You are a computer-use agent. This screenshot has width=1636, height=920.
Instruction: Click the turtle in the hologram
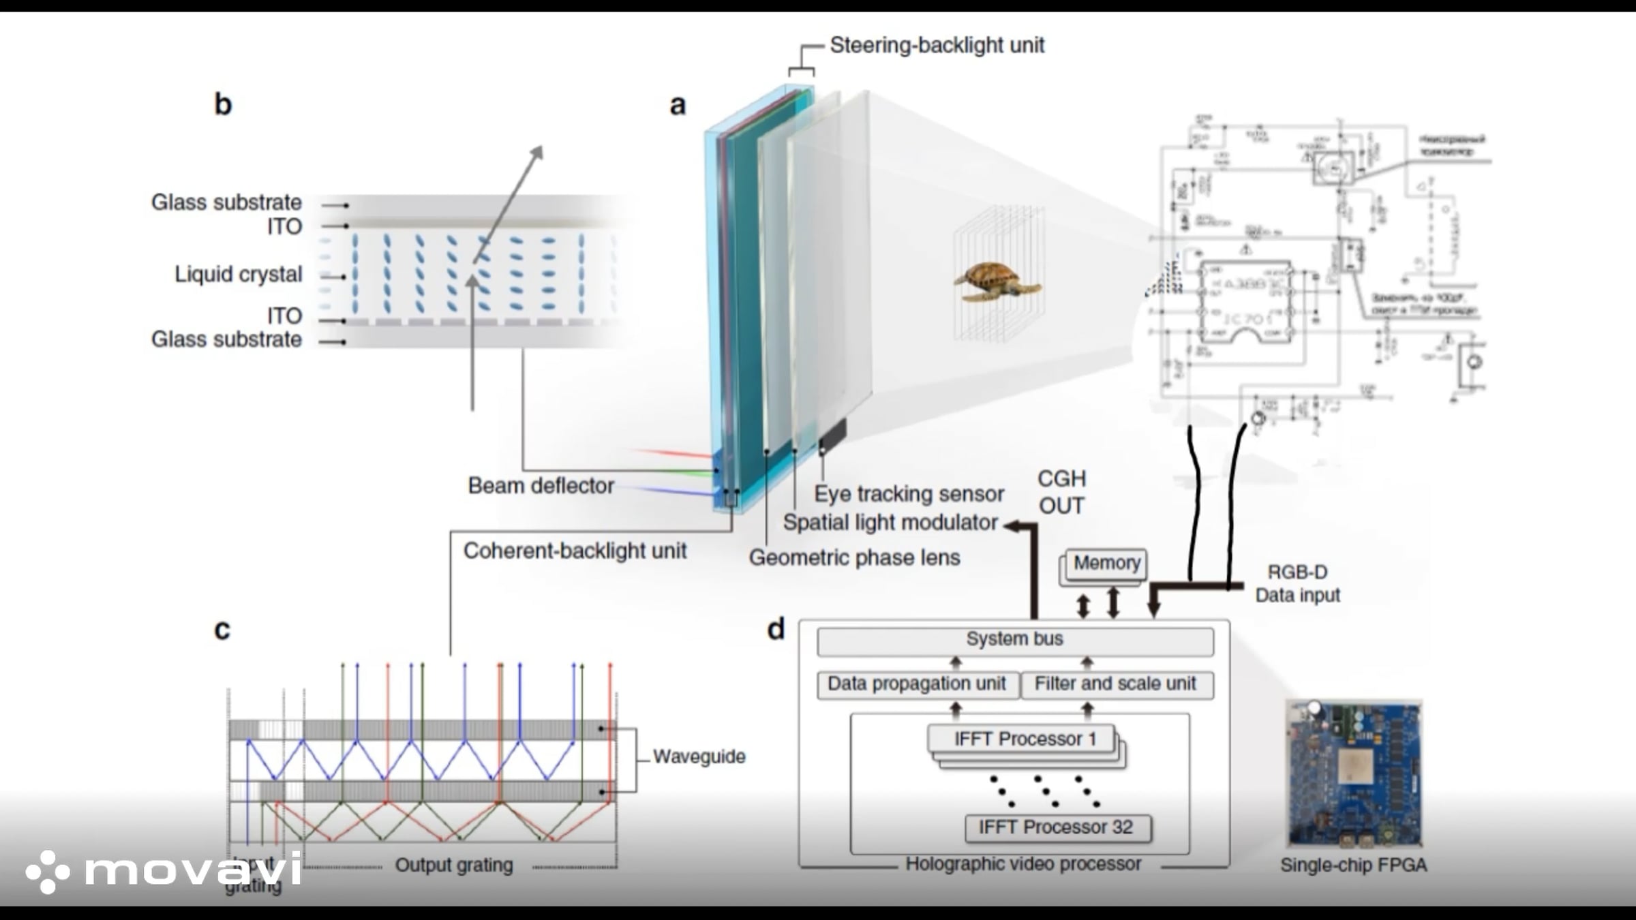(996, 281)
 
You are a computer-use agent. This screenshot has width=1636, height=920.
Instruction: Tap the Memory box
(1106, 564)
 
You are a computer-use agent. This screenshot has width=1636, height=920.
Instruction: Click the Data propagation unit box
(917, 684)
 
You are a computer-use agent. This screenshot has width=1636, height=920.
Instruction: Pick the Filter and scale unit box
(1116, 684)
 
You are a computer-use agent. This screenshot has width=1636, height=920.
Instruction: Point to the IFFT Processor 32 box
(1057, 827)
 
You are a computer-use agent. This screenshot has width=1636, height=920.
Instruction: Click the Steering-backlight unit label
(937, 46)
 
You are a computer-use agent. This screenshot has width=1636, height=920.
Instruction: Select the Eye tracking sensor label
(909, 493)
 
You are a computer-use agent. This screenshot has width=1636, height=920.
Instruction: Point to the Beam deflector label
(541, 485)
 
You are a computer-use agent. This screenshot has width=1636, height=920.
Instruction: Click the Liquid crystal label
(238, 274)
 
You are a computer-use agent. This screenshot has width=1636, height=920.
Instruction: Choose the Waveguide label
(699, 756)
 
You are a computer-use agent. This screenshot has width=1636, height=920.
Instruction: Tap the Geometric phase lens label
(854, 557)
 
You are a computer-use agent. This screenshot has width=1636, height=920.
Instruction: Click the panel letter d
(776, 629)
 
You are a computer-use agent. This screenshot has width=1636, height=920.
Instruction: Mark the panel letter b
(223, 104)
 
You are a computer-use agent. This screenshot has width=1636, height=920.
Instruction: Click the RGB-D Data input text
(1297, 583)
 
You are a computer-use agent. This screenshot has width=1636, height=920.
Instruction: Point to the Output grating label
(454, 865)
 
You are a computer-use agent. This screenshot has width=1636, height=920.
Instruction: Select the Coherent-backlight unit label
(575, 551)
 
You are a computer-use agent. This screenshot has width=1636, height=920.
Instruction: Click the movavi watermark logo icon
(47, 871)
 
